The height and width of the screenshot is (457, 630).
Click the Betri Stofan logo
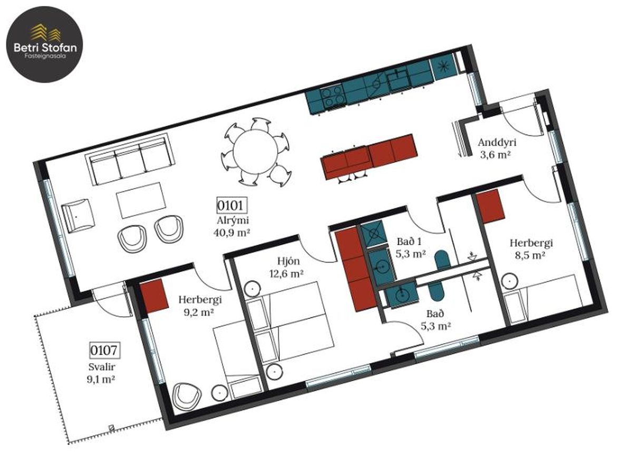45,45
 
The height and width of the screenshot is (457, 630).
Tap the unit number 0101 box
230,206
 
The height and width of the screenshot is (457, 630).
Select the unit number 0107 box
104,350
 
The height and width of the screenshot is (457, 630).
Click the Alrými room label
232,220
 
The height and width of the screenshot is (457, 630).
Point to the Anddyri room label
497,142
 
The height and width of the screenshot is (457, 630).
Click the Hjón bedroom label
288,261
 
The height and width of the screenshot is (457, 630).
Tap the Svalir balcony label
102,367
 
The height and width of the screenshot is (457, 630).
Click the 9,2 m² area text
198,312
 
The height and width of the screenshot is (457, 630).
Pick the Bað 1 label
409,241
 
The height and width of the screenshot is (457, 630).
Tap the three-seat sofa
130,160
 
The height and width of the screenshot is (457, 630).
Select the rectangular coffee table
141,200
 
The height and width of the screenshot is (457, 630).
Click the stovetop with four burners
334,98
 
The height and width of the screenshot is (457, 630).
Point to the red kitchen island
369,156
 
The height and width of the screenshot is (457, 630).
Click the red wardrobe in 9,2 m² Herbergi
154,296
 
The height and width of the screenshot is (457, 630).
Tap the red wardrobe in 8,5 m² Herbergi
491,206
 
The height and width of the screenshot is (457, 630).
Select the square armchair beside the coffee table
78,217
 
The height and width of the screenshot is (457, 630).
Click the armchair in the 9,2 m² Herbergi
187,395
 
